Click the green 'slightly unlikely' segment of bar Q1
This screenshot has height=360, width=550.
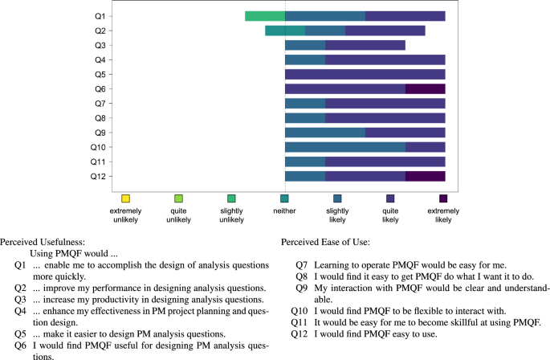pyautogui.click(x=265, y=16)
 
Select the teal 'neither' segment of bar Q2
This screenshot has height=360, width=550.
pyautogui.click(x=285, y=31)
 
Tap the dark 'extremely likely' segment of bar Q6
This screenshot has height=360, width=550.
pyautogui.click(x=426, y=88)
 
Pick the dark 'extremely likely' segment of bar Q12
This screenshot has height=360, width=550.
pyautogui.click(x=426, y=176)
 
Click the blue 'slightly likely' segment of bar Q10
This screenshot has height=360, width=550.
pyautogui.click(x=345, y=147)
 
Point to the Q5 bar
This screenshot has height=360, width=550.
pyautogui.click(x=365, y=74)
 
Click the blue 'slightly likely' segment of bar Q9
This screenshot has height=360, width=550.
pyautogui.click(x=325, y=133)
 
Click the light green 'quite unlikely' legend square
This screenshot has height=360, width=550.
pyautogui.click(x=178, y=198)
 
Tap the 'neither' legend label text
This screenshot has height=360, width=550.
pyautogui.click(x=284, y=211)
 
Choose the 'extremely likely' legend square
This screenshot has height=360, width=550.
pyautogui.click(x=443, y=198)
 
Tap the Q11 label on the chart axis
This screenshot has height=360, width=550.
pyautogui.click(x=96, y=162)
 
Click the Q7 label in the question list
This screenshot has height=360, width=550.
pyautogui.click(x=301, y=264)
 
